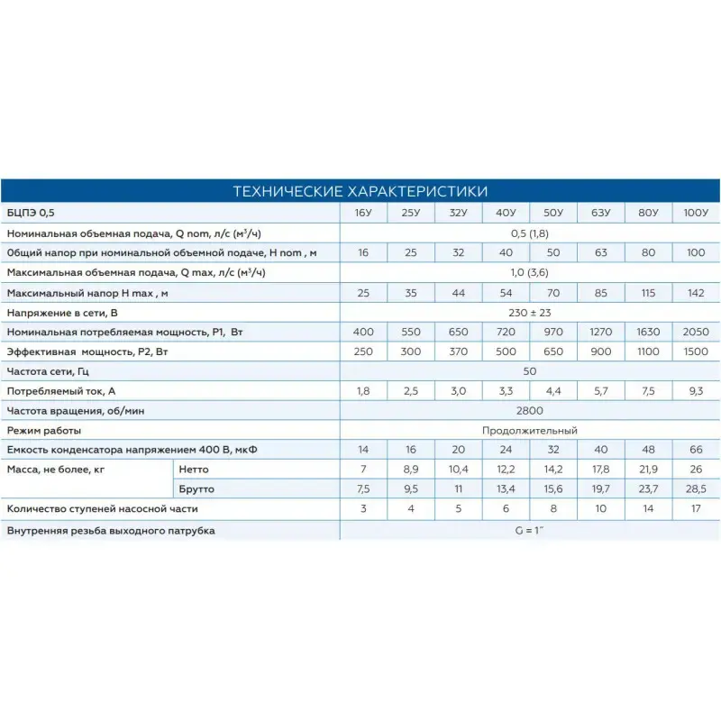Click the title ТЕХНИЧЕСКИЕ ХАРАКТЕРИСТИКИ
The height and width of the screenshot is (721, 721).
pos(360,191)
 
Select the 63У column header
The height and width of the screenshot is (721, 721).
pos(600,213)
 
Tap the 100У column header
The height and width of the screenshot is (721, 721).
pos(696,213)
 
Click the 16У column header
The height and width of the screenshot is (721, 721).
pos(363,213)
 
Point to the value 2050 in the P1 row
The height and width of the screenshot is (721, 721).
pos(696,333)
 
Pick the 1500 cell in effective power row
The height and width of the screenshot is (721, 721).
pos(696,351)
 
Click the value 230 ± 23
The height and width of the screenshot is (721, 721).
pos(529,313)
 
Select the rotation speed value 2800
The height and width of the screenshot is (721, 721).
pos(529,410)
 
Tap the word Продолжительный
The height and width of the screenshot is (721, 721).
pos(529,430)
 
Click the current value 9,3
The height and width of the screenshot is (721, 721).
pos(696,390)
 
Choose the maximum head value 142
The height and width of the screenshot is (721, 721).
pos(696,293)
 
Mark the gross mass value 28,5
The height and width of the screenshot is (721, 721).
pos(696,489)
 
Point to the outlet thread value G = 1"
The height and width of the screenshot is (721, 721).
pos(529,530)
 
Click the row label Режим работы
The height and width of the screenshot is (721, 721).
pos(41,430)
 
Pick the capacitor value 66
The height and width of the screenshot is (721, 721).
pos(696,449)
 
